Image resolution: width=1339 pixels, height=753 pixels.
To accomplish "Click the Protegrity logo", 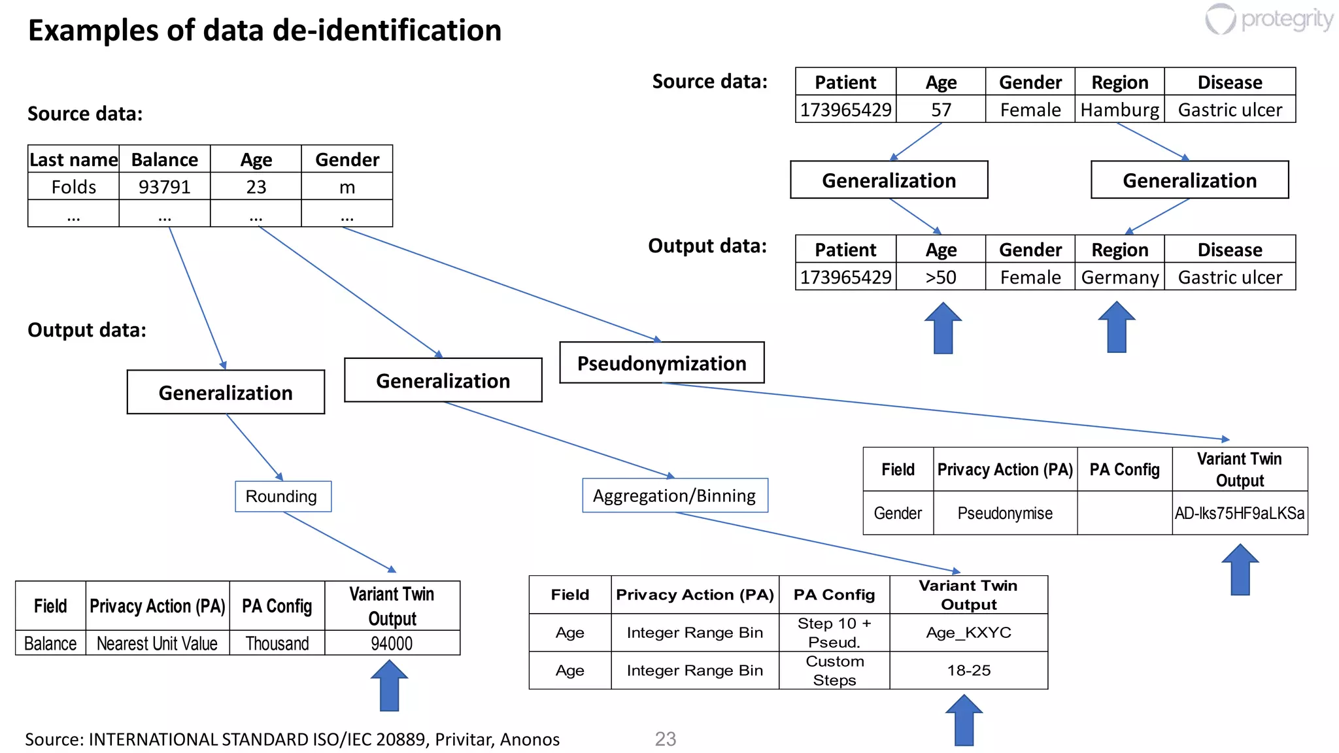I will [x=1269, y=19].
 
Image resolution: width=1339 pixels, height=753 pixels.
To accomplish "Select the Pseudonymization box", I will [x=662, y=363].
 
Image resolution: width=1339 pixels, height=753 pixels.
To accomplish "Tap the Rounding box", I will [x=282, y=496].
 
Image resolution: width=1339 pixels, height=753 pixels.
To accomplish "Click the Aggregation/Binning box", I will [x=674, y=495].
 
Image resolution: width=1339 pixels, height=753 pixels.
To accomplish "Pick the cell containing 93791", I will [x=164, y=187].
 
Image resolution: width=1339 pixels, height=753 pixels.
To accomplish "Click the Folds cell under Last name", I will [x=73, y=187].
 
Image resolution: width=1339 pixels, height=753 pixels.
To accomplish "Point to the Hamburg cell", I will [x=1119, y=109].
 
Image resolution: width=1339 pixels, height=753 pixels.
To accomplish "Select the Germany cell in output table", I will [x=1119, y=277].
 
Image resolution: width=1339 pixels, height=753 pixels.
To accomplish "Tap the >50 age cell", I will [x=940, y=277].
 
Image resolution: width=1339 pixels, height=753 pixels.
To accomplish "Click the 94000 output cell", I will [x=392, y=643].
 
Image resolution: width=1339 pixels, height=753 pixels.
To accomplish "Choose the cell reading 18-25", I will [x=968, y=670].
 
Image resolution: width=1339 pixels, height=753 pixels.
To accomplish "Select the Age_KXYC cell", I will [x=968, y=632].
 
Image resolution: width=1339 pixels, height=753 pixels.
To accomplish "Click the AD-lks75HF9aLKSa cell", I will [x=1239, y=513].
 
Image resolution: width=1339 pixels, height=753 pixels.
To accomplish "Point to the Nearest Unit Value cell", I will [x=157, y=643].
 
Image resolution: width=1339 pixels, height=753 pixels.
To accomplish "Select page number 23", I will [x=665, y=739].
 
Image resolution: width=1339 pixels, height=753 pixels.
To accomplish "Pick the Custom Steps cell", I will [x=834, y=670].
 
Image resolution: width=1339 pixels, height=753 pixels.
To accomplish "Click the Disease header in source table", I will [x=1229, y=82].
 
